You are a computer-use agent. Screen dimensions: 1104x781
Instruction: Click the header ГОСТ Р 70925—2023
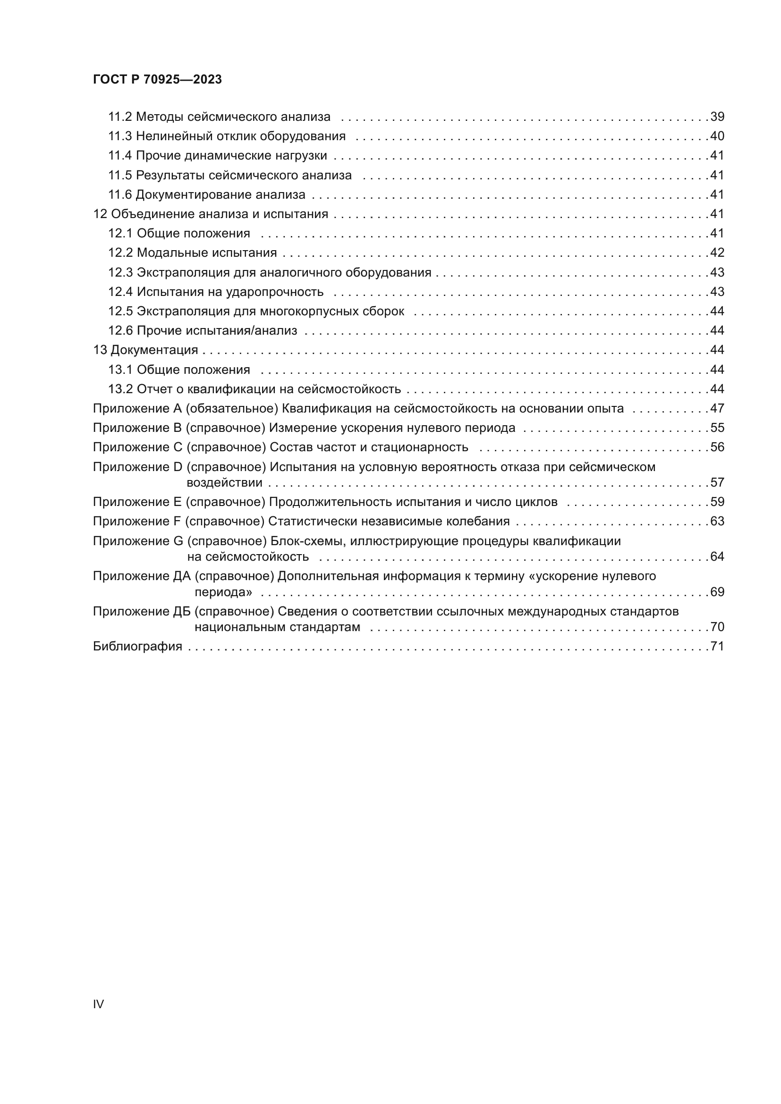click(x=157, y=80)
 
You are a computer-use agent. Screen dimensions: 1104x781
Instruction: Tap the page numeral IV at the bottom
click(x=98, y=1004)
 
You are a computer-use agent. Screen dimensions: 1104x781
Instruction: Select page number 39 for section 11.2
click(x=717, y=117)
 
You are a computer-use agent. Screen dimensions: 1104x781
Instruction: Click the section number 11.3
click(x=120, y=136)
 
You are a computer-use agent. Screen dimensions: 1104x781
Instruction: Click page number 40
click(x=717, y=136)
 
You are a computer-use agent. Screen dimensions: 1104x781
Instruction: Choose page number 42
click(x=717, y=253)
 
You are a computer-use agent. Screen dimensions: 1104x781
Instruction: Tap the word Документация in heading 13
click(x=154, y=350)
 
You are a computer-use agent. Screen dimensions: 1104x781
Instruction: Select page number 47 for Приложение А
click(x=717, y=409)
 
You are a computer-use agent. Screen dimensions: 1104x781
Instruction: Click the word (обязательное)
click(x=232, y=409)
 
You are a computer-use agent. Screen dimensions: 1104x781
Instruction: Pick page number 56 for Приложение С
click(x=717, y=447)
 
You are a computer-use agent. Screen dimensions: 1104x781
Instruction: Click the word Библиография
click(x=137, y=646)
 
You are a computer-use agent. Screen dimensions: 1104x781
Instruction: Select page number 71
click(x=717, y=646)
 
